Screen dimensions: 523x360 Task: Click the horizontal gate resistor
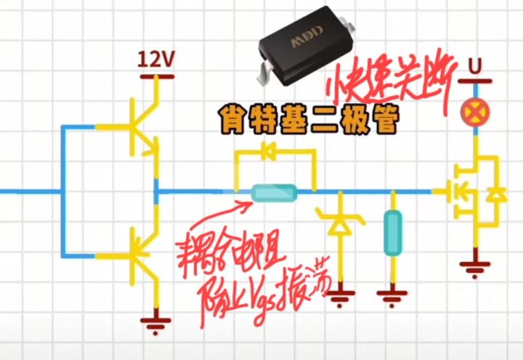coord(274,192)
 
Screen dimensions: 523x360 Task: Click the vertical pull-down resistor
coord(392,232)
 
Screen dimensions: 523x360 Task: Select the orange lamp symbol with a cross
coord(476,111)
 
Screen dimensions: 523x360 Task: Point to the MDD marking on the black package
coord(305,41)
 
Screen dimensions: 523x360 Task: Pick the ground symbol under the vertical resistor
coord(392,296)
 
